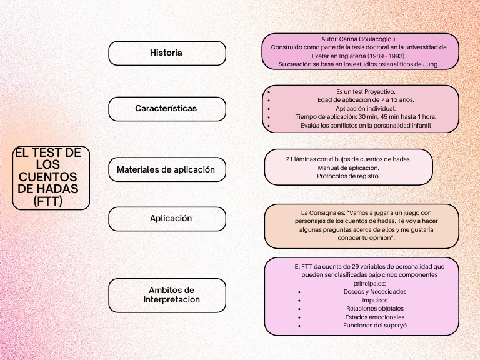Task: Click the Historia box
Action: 166,53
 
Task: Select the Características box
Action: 166,109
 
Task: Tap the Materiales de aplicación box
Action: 166,169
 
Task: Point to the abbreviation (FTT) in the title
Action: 49,201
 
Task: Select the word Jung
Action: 431,64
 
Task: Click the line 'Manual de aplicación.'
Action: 348,167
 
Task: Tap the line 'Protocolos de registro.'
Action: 348,176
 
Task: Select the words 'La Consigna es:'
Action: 322,212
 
